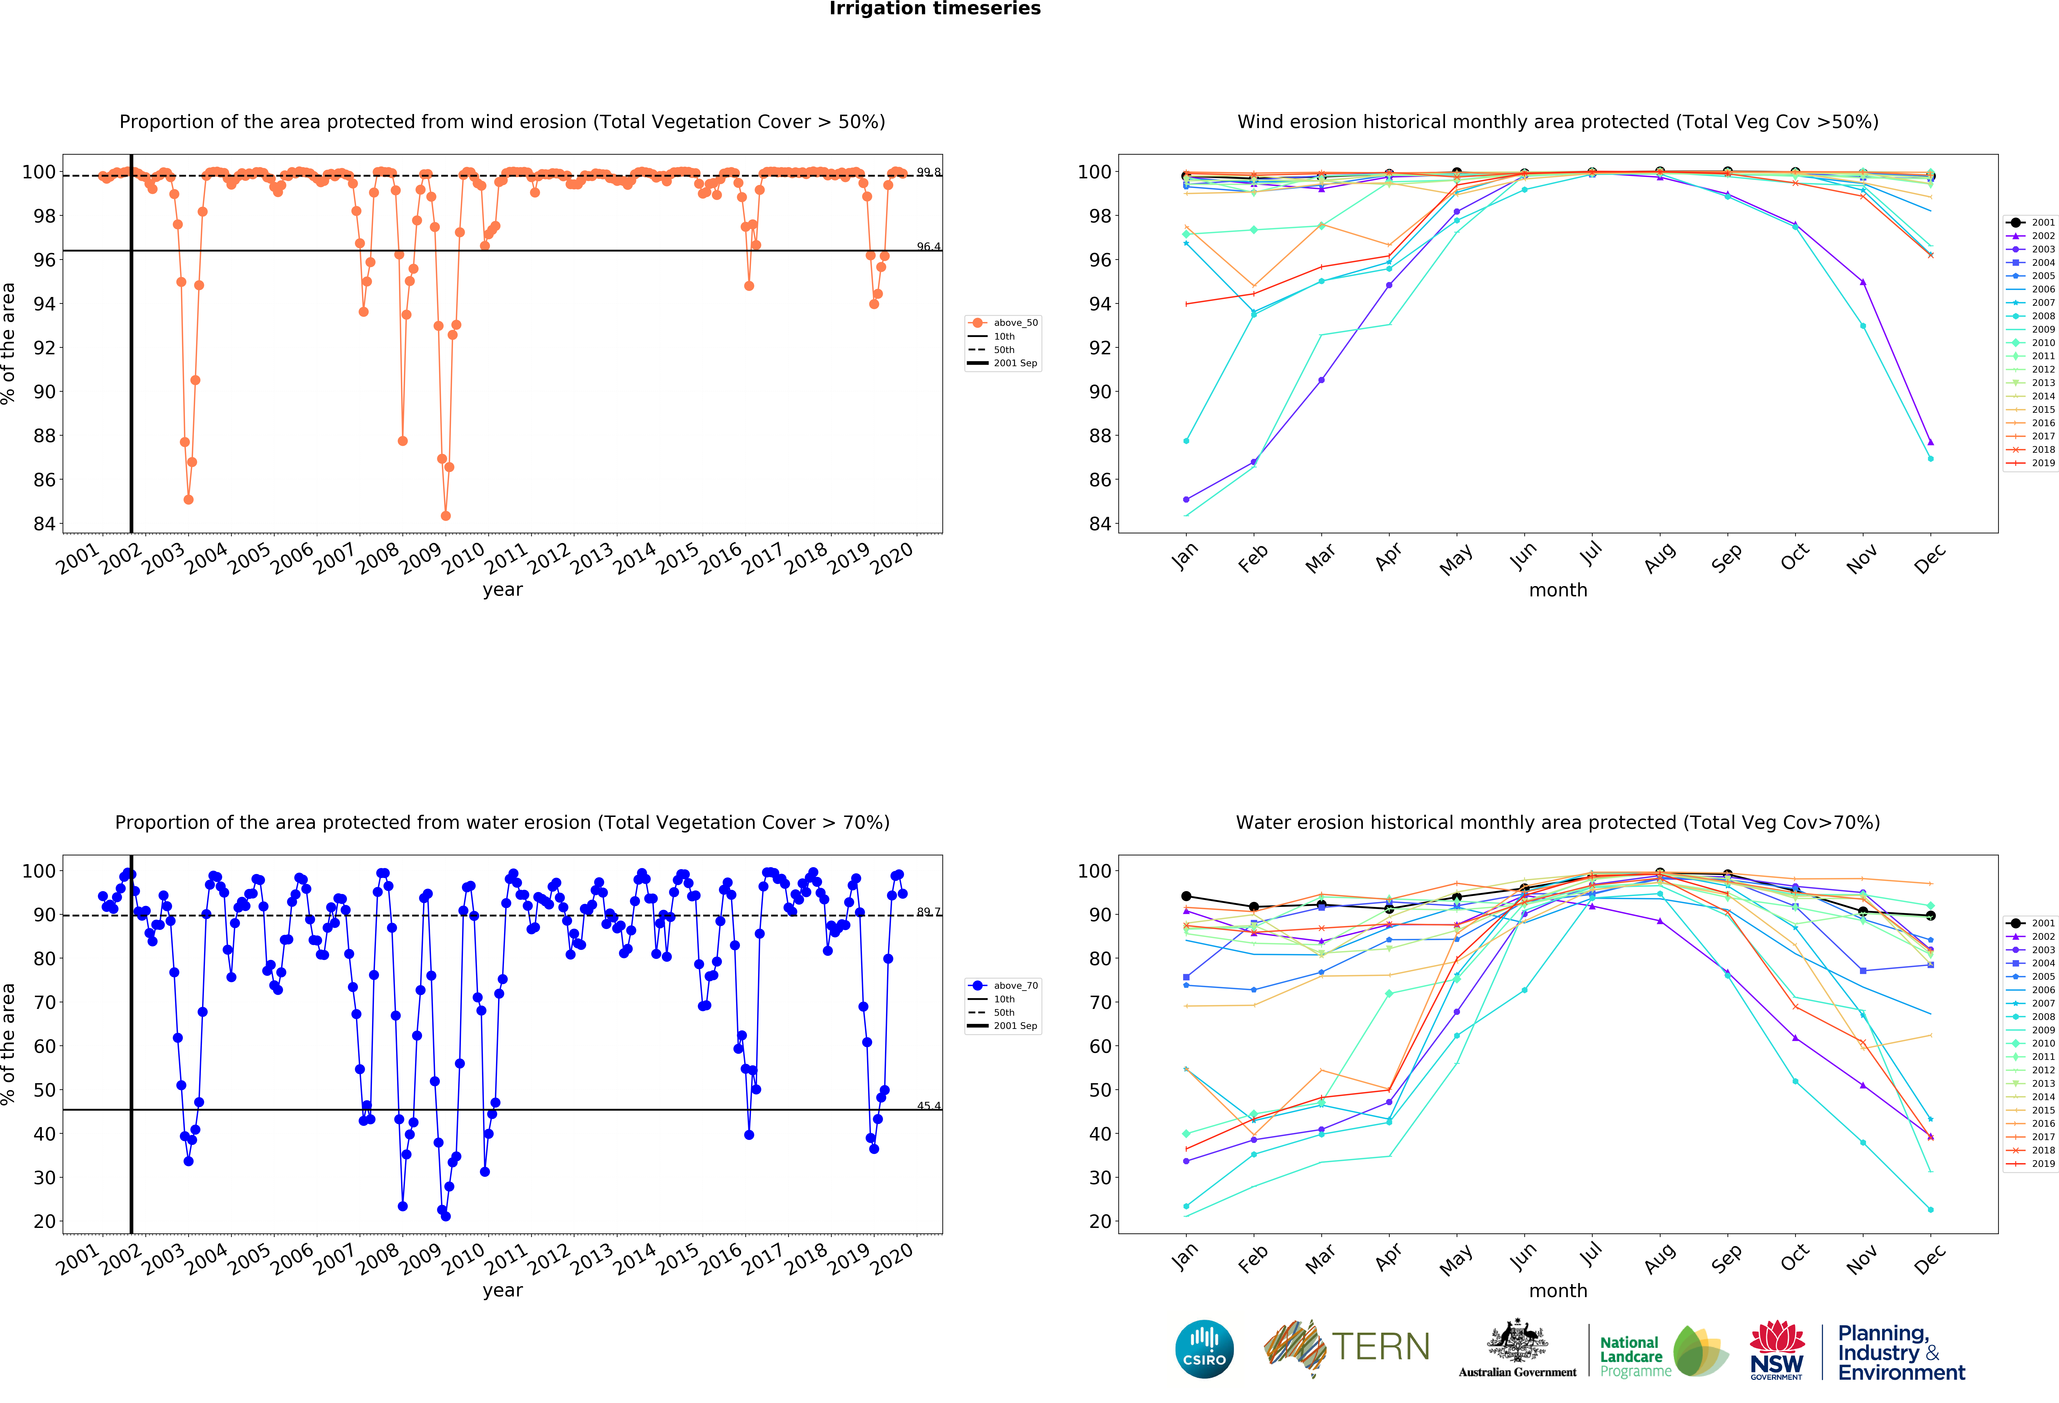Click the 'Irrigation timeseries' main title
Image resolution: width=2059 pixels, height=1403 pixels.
(x=935, y=9)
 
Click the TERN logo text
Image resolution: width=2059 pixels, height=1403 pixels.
(x=1380, y=1347)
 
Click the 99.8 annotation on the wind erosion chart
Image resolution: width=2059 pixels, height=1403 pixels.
(x=929, y=172)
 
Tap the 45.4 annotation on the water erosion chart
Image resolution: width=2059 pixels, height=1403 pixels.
(x=929, y=1105)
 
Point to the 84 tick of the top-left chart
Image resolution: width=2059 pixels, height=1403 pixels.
(x=44, y=523)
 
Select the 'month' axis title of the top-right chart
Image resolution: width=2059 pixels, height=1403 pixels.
(x=1557, y=590)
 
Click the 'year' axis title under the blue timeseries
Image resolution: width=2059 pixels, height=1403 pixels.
(x=502, y=1290)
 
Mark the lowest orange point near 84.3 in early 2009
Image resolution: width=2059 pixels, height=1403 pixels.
(x=446, y=516)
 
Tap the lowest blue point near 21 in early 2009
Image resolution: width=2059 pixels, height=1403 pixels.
(x=446, y=1216)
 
